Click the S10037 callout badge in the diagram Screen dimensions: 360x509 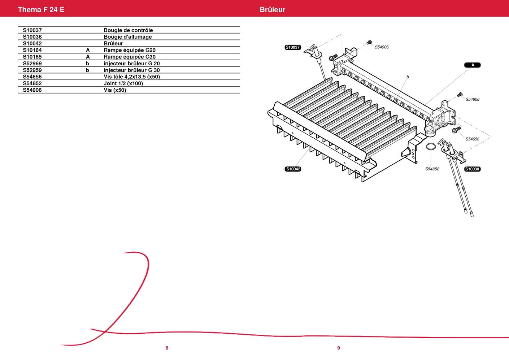pyautogui.click(x=293, y=47)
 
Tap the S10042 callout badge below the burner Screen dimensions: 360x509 pyautogui.click(x=293, y=169)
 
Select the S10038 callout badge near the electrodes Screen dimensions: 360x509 pyautogui.click(x=472, y=169)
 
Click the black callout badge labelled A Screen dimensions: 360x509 pyautogui.click(x=473, y=65)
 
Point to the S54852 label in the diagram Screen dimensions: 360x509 pyautogui.click(x=432, y=169)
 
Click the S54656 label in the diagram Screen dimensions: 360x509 pyautogui.click(x=472, y=139)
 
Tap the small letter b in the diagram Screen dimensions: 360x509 pyautogui.click(x=408, y=77)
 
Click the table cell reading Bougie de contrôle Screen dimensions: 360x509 pyautogui.click(x=128, y=30)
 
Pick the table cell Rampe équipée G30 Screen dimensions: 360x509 pyautogui.click(x=130, y=57)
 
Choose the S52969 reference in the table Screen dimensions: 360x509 pyautogui.click(x=32, y=64)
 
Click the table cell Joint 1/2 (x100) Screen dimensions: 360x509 pyautogui.click(x=123, y=83)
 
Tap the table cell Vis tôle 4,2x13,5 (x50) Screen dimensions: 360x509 pyautogui.click(x=132, y=77)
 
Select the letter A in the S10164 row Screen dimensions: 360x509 pyautogui.click(x=88, y=50)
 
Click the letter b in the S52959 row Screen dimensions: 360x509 pyautogui.click(x=87, y=70)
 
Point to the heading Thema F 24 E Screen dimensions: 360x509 pyautogui.click(x=41, y=9)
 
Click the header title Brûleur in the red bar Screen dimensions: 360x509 pyautogui.click(x=273, y=9)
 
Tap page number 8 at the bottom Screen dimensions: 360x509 pyautogui.click(x=167, y=348)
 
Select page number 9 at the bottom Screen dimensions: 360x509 pyautogui.click(x=339, y=348)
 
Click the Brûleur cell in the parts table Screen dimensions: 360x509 pyautogui.click(x=113, y=43)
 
